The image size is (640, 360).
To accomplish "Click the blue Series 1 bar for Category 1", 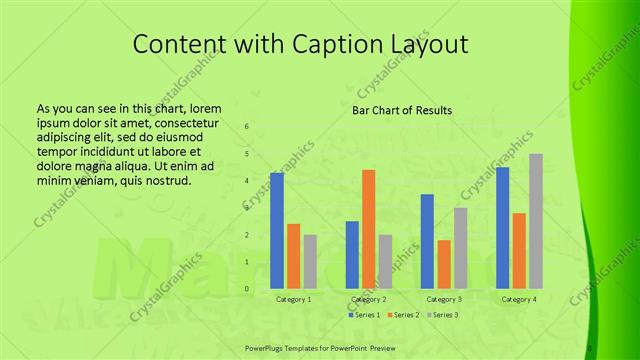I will [x=277, y=230].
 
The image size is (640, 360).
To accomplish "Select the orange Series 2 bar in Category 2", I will [x=368, y=229].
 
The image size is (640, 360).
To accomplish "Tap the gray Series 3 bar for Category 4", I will [x=536, y=221].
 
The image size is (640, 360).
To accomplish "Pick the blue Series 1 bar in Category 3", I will [x=427, y=241].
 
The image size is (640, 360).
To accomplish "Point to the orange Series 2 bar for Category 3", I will [x=444, y=264].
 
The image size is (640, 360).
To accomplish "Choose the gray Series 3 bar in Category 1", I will [x=310, y=261].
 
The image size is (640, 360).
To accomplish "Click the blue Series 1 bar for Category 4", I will [x=502, y=227].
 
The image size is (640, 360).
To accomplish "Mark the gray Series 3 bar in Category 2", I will [x=385, y=261].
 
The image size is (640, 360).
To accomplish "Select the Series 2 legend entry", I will [x=402, y=315].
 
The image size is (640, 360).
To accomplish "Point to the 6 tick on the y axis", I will [x=247, y=127].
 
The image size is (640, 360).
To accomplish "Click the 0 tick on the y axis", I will [x=247, y=289].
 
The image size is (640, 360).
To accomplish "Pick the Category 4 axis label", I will [x=519, y=299].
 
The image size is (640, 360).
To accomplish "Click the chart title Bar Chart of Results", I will [x=403, y=110].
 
